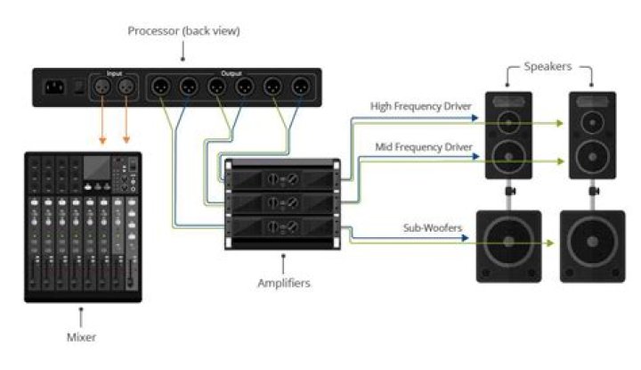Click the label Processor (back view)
click(184, 32)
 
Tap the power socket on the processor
click(56, 87)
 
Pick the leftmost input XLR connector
click(101, 87)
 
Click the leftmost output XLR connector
click(161, 87)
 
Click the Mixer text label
click(81, 338)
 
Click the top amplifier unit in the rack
click(283, 178)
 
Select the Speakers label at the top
click(548, 66)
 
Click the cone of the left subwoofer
click(509, 245)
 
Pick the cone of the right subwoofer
click(590, 245)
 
